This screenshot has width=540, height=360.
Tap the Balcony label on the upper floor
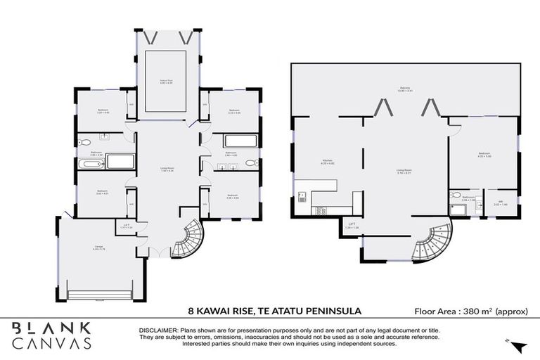(x=405, y=89)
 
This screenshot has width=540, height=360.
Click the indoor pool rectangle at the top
(x=165, y=81)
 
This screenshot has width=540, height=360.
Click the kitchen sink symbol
(x=303, y=195)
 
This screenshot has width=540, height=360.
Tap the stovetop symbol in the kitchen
(x=322, y=209)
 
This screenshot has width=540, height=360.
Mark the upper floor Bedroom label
(x=484, y=154)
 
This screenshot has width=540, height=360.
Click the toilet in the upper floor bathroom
(x=457, y=195)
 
